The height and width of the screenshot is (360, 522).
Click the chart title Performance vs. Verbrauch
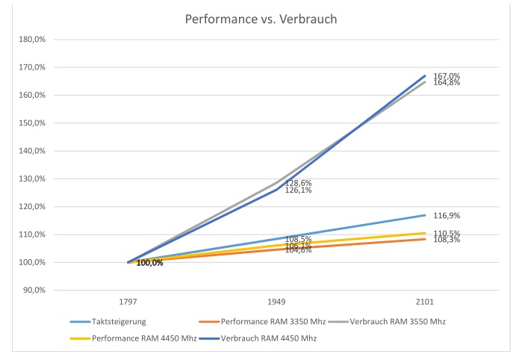(x=261, y=19)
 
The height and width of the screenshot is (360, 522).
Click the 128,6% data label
(x=298, y=183)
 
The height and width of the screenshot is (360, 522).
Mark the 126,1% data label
(x=298, y=190)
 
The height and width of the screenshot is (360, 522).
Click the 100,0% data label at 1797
(x=149, y=263)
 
